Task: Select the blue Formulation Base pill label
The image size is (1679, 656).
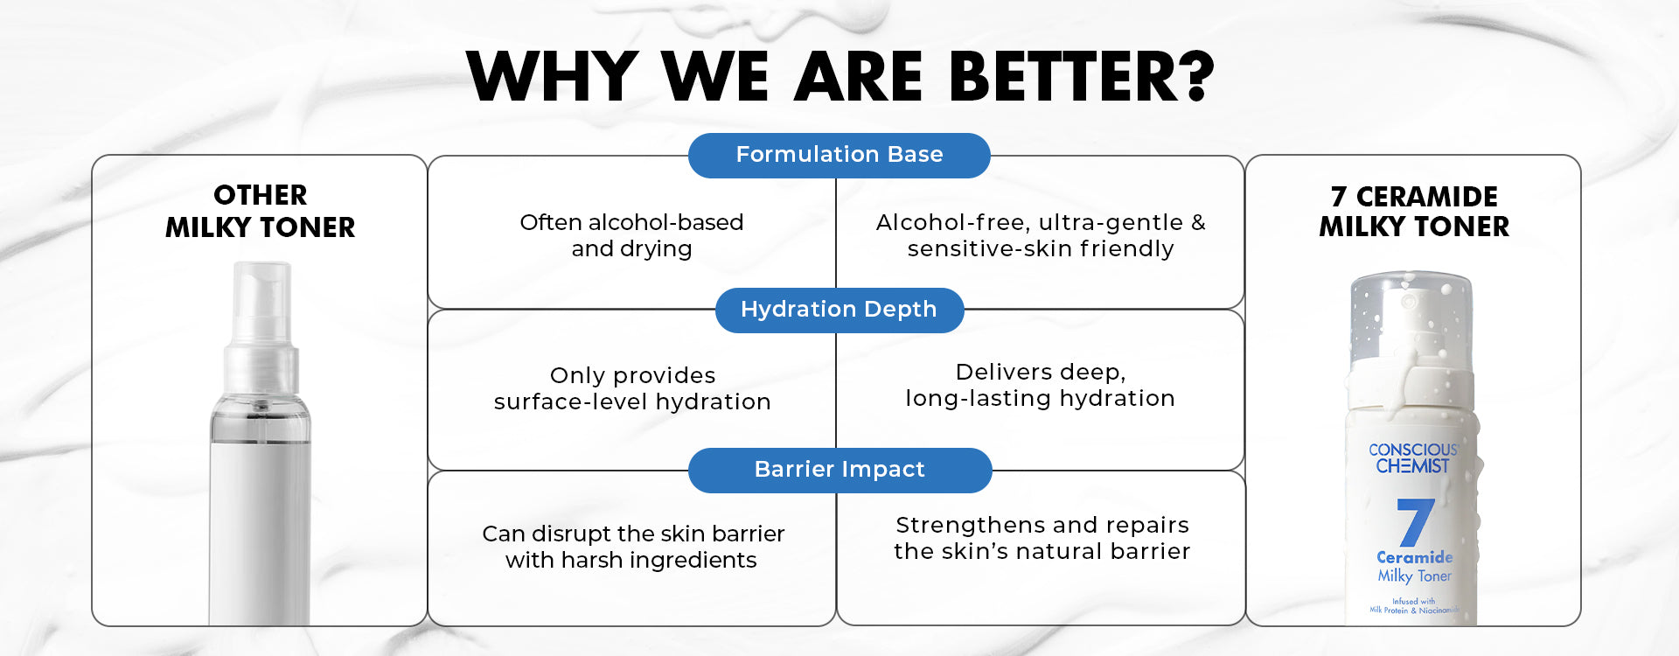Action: pos(839,155)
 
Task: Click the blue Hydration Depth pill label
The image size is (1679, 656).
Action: pos(839,310)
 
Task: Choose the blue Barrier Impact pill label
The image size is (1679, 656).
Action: pos(839,470)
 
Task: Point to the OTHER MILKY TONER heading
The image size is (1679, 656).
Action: pos(261,211)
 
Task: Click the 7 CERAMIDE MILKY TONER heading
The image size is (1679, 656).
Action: pos(1414,212)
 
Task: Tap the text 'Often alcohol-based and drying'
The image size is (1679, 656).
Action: pos(631,235)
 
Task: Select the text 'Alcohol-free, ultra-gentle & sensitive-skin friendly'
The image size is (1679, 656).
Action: pos(1041,235)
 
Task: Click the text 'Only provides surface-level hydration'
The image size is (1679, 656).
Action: pos(632,388)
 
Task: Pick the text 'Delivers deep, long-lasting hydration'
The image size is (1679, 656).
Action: pos(1040,385)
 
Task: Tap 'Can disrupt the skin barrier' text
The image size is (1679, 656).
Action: pos(633,534)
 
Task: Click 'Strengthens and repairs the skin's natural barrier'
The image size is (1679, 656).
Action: pos(1042,538)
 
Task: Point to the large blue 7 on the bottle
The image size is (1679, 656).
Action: pos(1415,522)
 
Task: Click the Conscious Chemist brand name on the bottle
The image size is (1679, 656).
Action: pos(1413,457)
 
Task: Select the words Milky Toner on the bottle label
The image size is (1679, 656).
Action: pos(1414,576)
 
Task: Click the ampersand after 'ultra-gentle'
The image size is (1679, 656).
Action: pos(1198,223)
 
